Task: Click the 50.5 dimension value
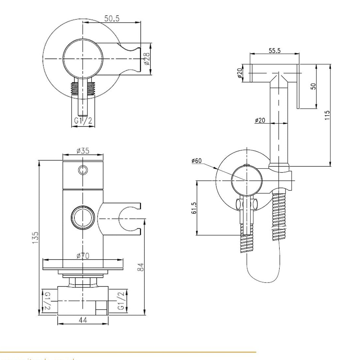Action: point(112,18)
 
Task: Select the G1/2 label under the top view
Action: point(84,121)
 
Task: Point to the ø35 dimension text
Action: point(83,151)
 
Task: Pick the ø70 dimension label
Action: point(83,256)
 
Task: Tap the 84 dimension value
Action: point(141,267)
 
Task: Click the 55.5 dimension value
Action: point(274,51)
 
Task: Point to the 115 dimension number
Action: point(327,115)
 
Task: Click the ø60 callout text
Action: point(197,161)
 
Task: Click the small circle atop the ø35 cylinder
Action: point(83,170)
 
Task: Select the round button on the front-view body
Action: point(84,217)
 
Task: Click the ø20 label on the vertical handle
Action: point(260,121)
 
